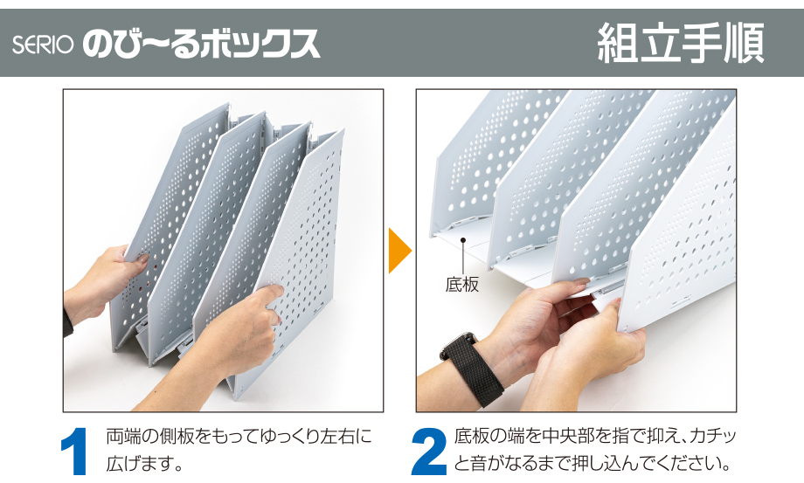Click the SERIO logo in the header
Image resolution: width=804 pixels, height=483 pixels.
[x=43, y=45]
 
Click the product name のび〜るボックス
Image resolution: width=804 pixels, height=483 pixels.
[x=202, y=44]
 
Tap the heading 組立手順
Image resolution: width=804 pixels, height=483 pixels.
[x=681, y=43]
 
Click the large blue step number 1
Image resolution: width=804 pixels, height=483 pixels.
[x=75, y=452]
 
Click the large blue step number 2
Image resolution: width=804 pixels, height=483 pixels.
[x=429, y=452]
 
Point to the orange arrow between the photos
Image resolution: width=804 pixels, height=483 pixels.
[x=400, y=251]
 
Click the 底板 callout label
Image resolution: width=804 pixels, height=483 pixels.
[x=462, y=285]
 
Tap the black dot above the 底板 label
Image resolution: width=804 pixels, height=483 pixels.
[x=463, y=239]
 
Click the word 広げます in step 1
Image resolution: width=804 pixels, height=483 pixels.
[x=138, y=464]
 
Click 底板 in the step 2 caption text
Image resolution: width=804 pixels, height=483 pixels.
[x=471, y=437]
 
